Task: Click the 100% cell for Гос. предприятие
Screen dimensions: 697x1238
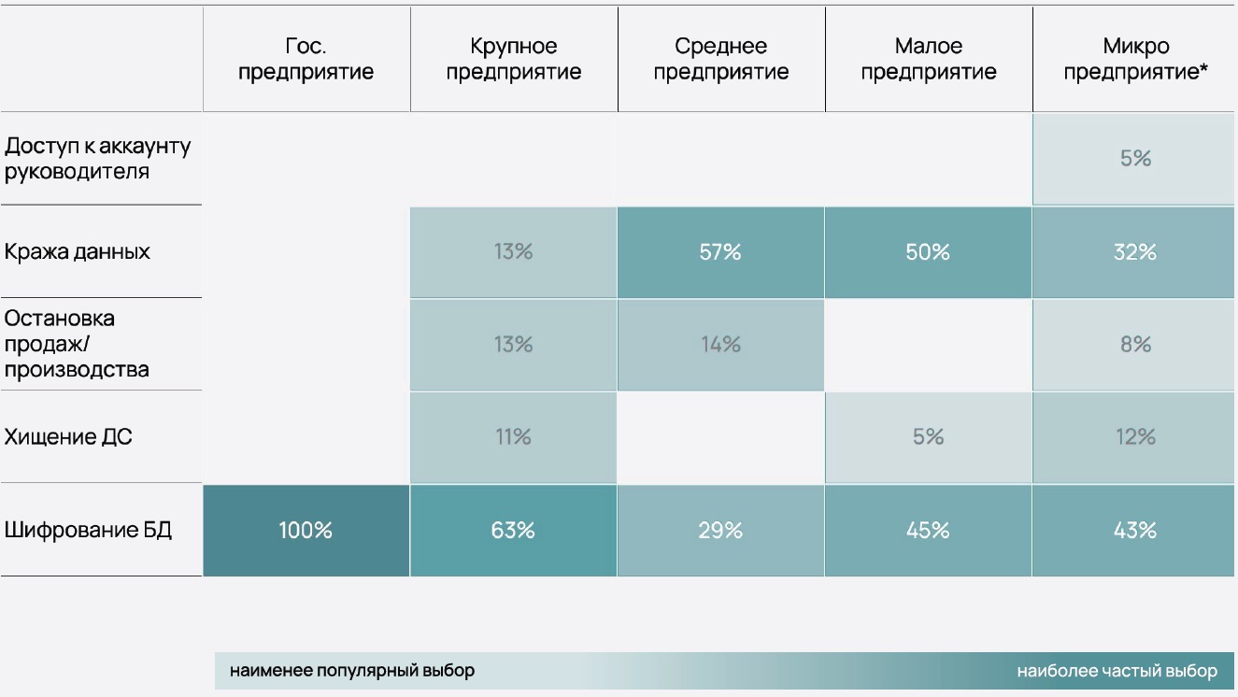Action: pyautogui.click(x=306, y=531)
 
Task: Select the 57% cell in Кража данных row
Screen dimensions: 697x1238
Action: pyautogui.click(x=719, y=252)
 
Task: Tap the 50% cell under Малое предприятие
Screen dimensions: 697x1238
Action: pyautogui.click(x=928, y=252)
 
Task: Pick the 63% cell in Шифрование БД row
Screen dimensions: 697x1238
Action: pyautogui.click(x=513, y=531)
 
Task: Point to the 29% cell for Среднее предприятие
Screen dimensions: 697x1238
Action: pyautogui.click(x=719, y=531)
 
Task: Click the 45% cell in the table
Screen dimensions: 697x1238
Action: pyautogui.click(x=928, y=531)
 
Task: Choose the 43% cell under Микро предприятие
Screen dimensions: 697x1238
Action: pyautogui.click(x=1135, y=531)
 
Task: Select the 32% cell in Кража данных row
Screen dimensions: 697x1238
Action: pyautogui.click(x=1135, y=252)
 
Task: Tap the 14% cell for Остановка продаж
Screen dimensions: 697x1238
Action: pyautogui.click(x=719, y=345)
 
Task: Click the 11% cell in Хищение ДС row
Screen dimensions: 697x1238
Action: pyautogui.click(x=513, y=437)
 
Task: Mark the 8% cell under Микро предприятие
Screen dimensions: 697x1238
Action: pyautogui.click(x=1135, y=345)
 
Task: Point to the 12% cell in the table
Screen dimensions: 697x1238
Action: pyautogui.click(x=1135, y=437)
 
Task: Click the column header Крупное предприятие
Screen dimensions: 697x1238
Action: pyautogui.click(x=513, y=59)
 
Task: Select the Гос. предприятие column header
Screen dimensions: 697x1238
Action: pyautogui.click(x=306, y=59)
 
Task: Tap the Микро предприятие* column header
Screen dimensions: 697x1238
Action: pyautogui.click(x=1135, y=59)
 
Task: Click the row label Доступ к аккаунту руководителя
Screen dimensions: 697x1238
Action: pyautogui.click(x=97, y=159)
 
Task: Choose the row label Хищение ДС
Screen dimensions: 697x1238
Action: pyautogui.click(x=68, y=437)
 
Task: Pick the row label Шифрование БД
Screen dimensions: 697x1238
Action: pyautogui.click(x=88, y=531)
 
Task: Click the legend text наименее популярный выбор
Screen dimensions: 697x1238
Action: pyautogui.click(x=352, y=671)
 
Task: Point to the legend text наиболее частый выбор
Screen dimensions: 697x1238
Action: pyautogui.click(x=1117, y=671)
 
